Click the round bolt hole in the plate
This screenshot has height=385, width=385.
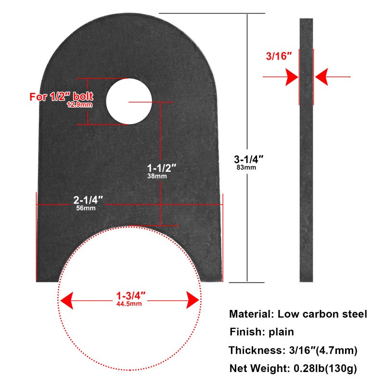pyautogui.click(x=129, y=102)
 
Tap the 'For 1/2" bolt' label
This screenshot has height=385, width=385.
pyautogui.click(x=62, y=97)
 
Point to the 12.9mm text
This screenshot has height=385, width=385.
pyautogui.click(x=79, y=104)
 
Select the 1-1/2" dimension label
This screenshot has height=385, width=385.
pyautogui.click(x=162, y=168)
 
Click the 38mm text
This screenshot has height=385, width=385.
pyautogui.click(x=157, y=176)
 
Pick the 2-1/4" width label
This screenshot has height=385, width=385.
pyautogui.click(x=88, y=200)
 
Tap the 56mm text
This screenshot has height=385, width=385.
pyautogui.click(x=86, y=208)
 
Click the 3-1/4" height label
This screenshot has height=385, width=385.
pyautogui.click(x=248, y=160)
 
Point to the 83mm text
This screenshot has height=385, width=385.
pyautogui.click(x=246, y=167)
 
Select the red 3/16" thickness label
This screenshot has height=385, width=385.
pyautogui.click(x=279, y=56)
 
